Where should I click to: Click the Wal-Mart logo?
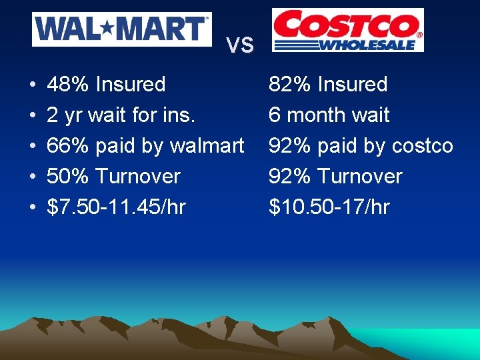coord(122,29)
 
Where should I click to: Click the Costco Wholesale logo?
coord(347,30)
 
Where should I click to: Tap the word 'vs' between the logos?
coord(240,45)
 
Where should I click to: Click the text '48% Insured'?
coord(106,85)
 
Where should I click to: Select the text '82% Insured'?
coord(327,85)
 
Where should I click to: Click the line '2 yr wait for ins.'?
coord(121,115)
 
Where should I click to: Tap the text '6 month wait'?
coord(329,115)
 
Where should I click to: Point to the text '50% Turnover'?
coord(113,177)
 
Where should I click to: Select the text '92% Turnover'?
coord(335,177)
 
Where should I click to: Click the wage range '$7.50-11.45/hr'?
coord(116,207)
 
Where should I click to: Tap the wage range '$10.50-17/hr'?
coord(329,207)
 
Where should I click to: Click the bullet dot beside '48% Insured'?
coord(33,85)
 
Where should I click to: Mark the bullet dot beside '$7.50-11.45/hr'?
coord(33,208)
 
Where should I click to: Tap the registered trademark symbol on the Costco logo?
coord(419,34)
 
